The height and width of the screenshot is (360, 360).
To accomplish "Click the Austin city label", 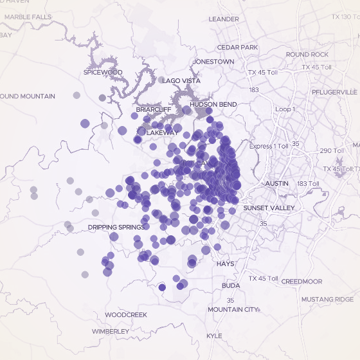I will click(x=277, y=184).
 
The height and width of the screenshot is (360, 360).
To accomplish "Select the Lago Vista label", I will click(x=181, y=81).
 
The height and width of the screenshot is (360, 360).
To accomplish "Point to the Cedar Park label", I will click(x=237, y=48).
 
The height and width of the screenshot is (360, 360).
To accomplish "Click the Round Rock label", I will click(x=307, y=55).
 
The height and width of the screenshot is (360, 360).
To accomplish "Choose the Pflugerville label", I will click(x=334, y=92).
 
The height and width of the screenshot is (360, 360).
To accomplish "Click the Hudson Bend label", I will click(x=213, y=104).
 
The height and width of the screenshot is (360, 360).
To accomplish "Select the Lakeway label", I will click(x=163, y=132).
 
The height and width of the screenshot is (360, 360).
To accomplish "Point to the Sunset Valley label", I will click(x=269, y=208).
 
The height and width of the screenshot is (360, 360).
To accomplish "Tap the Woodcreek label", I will click(x=126, y=315).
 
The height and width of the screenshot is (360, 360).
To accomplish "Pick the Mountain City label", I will click(x=233, y=310).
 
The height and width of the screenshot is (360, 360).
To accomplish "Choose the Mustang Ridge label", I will click(x=328, y=300).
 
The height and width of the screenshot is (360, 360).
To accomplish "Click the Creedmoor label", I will click(x=301, y=282).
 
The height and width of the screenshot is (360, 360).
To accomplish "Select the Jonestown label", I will click(x=213, y=62).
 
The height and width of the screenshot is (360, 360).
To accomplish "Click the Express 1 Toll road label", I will click(x=270, y=147).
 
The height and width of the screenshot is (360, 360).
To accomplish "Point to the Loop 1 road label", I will click(x=285, y=109).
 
